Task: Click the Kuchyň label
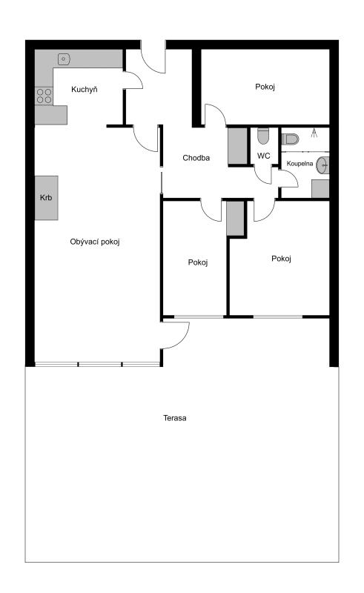[x=85, y=90]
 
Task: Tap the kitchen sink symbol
[x=64, y=59]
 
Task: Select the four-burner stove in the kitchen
[x=44, y=96]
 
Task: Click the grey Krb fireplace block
[x=47, y=198]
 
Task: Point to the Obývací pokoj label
[x=95, y=242]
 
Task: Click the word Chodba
[x=196, y=158]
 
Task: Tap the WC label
[x=264, y=156]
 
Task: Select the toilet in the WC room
[x=263, y=136]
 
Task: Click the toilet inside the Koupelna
[x=290, y=139]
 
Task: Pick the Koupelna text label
[x=300, y=164]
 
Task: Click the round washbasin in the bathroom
[x=322, y=165]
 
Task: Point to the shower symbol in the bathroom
[x=314, y=133]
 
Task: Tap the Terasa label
[x=175, y=418]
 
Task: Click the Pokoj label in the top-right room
[x=265, y=87]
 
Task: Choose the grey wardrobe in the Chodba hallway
[x=238, y=146]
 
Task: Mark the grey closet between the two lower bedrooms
[x=235, y=219]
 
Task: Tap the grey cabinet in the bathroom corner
[x=320, y=189]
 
